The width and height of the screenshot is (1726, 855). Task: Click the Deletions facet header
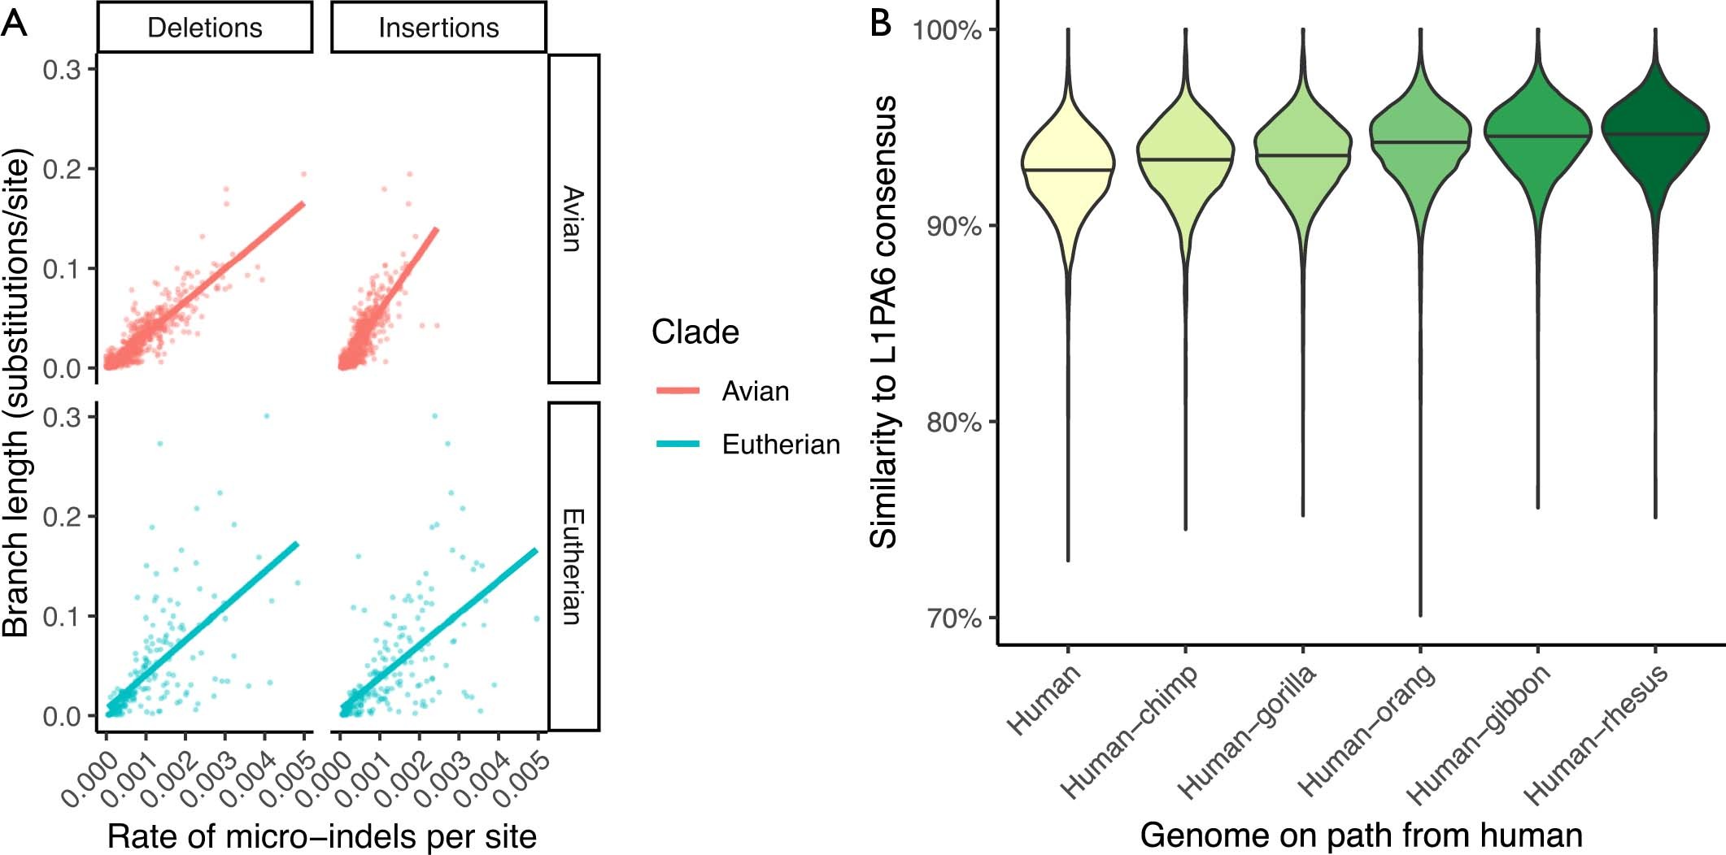pos(205,28)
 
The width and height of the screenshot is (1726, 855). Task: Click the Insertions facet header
pos(438,28)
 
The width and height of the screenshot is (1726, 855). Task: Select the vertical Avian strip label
pos(573,219)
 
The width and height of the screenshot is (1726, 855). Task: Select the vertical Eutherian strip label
pos(573,566)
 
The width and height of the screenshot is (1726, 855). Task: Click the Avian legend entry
pos(755,391)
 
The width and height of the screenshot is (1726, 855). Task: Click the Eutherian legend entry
pos(780,445)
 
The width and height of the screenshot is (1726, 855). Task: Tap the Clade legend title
pos(695,332)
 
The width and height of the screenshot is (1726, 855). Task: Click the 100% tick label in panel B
pos(948,31)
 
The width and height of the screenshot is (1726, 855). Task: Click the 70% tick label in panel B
pos(954,618)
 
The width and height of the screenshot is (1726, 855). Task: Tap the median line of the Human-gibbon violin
pos(1537,136)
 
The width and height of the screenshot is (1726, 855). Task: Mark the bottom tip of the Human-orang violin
pos(1420,614)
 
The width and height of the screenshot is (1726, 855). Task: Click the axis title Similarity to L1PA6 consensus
pos(884,323)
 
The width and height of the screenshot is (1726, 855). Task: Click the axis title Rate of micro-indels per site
pos(322,835)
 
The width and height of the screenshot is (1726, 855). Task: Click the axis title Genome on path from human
pos(1361,835)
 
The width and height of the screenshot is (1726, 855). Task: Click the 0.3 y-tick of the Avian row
pos(63,71)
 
